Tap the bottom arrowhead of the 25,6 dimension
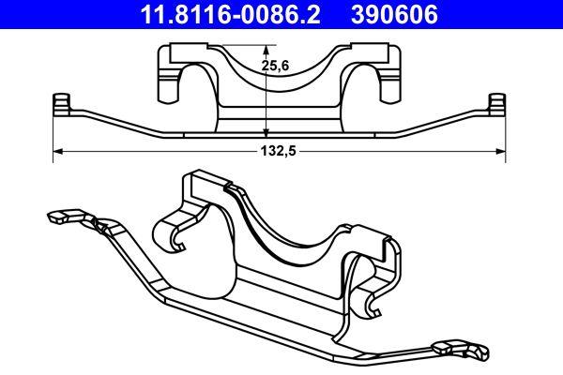(x=266, y=132)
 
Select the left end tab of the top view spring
(x=62, y=102)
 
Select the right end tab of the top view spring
(x=497, y=102)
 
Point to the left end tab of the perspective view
(x=56, y=217)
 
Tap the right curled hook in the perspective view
(x=373, y=300)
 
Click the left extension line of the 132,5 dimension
(x=53, y=131)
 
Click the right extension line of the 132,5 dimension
(x=506, y=131)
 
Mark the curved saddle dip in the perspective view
(x=281, y=225)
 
